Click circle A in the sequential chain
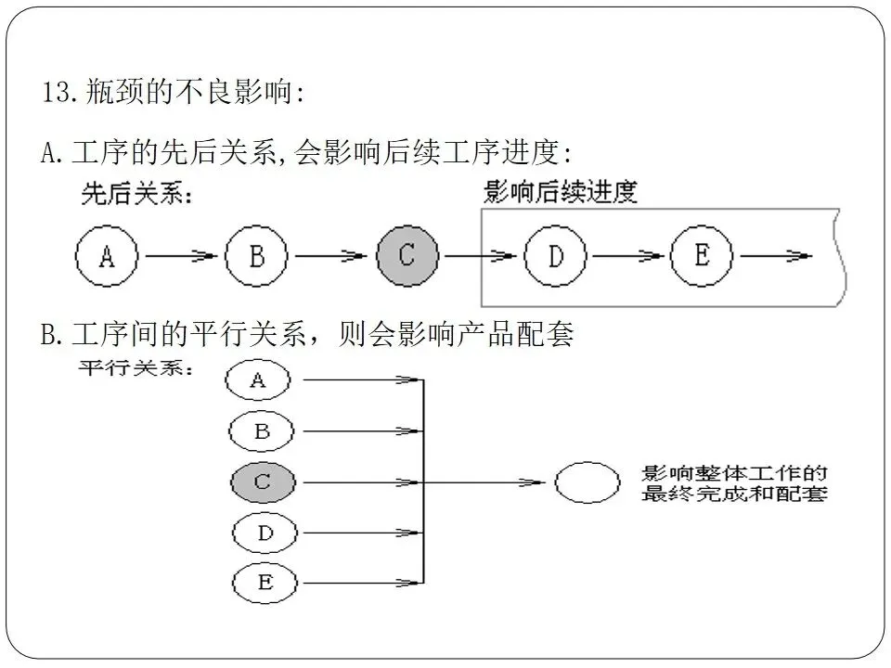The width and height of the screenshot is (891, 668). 107,256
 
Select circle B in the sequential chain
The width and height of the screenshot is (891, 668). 257,256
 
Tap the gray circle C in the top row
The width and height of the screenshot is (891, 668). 407,255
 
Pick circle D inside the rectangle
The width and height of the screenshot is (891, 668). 555,256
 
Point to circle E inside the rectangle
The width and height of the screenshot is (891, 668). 702,255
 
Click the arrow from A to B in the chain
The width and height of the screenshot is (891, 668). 182,256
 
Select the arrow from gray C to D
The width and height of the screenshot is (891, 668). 481,256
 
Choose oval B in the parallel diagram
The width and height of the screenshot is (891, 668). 262,430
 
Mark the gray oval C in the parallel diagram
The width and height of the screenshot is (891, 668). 263,482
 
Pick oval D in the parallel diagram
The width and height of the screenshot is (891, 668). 264,533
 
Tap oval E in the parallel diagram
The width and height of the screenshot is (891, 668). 265,583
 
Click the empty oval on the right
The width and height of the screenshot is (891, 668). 587,482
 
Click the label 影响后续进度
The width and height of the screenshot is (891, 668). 561,192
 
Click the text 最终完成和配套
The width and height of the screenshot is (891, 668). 734,495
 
